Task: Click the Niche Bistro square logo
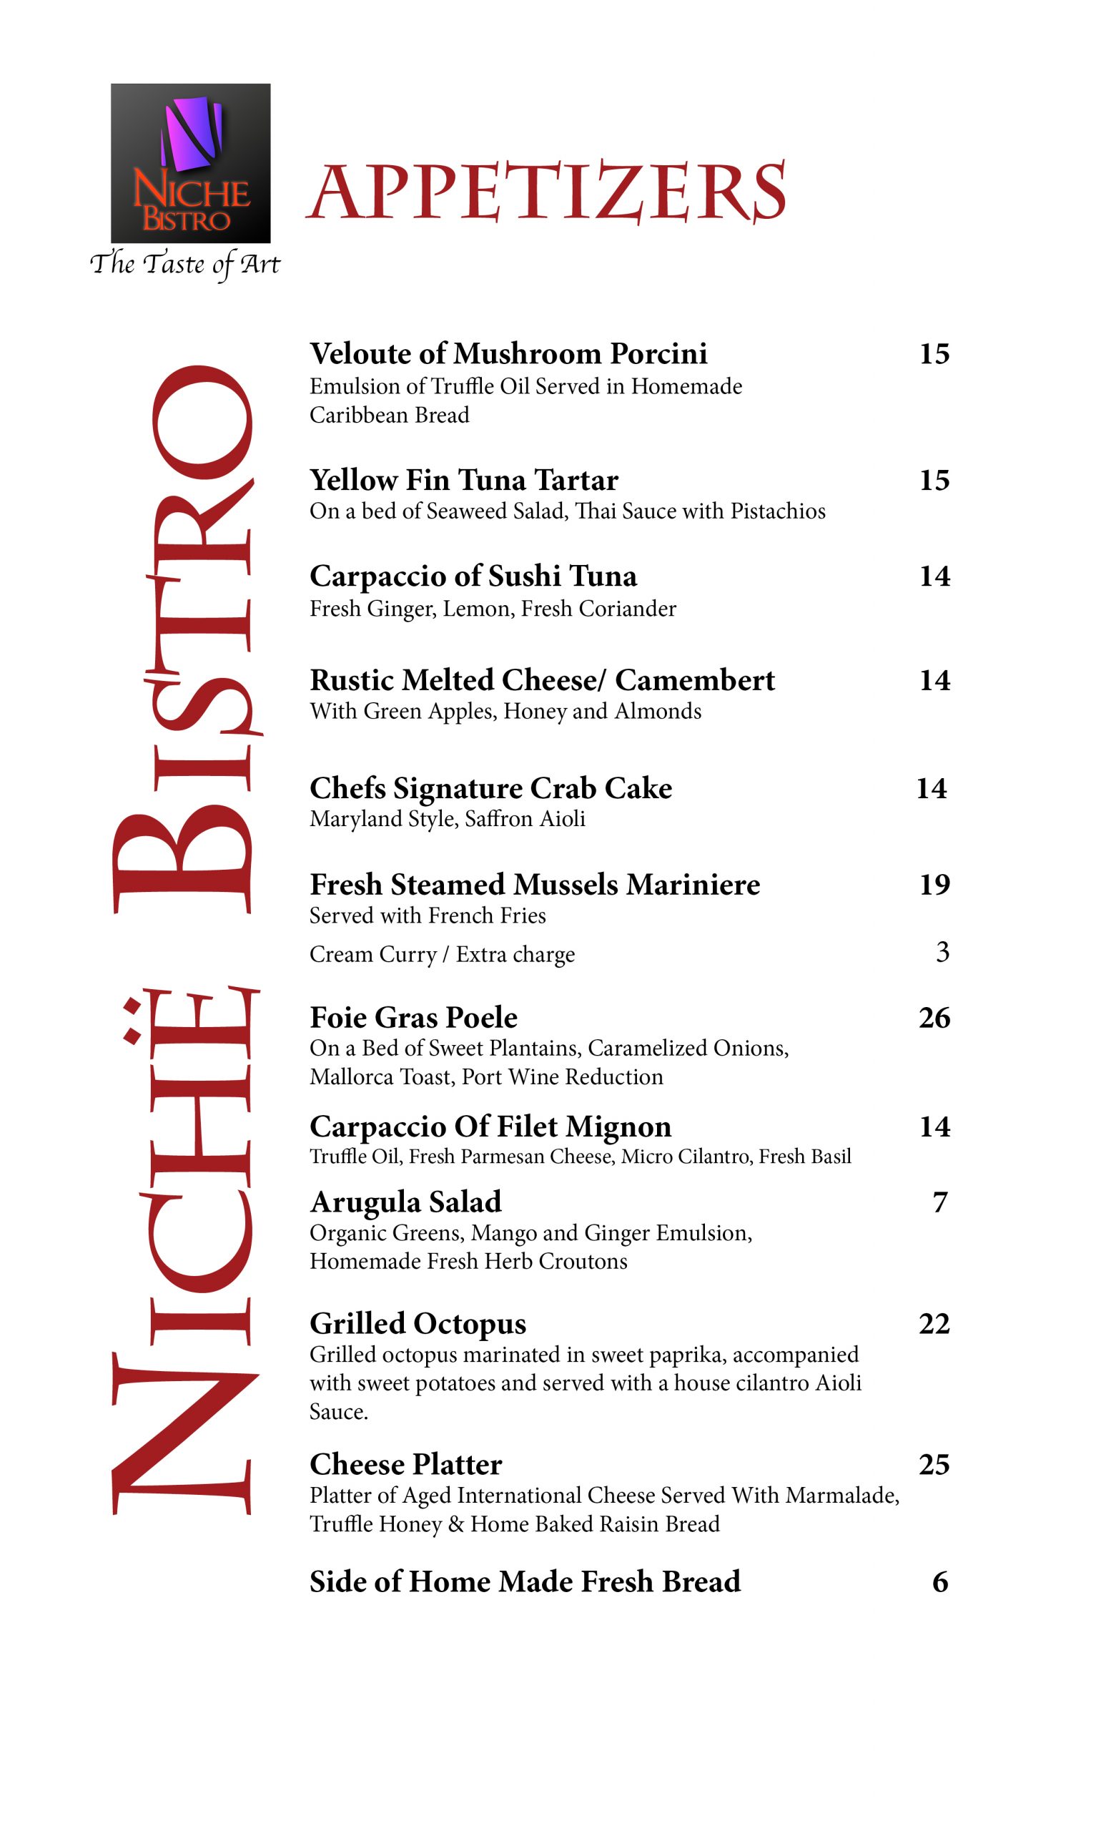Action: [x=190, y=163]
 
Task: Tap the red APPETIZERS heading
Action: [x=545, y=192]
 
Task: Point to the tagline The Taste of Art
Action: [x=185, y=265]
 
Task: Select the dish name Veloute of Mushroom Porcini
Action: [x=508, y=354]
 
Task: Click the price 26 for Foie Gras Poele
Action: [x=934, y=1017]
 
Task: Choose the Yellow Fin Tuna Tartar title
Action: [x=463, y=480]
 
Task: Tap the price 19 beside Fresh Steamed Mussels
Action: [x=934, y=884]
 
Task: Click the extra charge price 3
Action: [x=942, y=952]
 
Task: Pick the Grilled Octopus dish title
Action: [x=418, y=1323]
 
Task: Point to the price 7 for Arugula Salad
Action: [x=940, y=1202]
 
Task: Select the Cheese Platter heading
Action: [x=405, y=1464]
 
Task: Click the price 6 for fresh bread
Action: [x=940, y=1581]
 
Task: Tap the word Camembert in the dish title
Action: [x=694, y=680]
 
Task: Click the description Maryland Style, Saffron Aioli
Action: [x=447, y=819]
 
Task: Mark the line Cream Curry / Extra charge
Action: [x=442, y=954]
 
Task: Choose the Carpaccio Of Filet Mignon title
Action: [x=490, y=1126]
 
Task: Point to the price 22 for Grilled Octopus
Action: [x=934, y=1323]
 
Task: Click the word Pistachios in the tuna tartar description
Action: [x=778, y=511]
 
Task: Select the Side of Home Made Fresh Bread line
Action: [x=524, y=1581]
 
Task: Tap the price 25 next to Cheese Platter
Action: [x=934, y=1464]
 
